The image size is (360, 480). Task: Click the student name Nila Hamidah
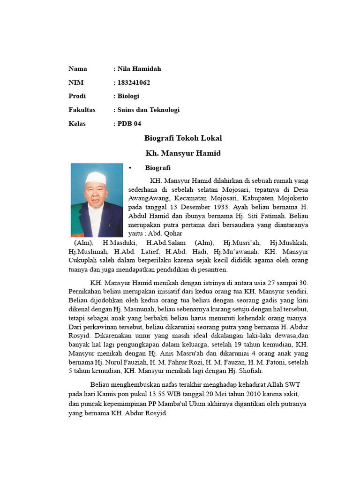pos(139,69)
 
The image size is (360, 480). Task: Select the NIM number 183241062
pos(134,82)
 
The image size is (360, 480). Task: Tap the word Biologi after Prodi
pos(128,96)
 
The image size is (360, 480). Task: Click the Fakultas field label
pos(82,110)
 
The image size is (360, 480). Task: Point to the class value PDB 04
pos(129,123)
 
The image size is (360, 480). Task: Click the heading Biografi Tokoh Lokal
pos(183,138)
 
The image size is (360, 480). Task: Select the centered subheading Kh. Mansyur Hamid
pos(183,153)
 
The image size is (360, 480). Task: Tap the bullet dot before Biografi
pos(130,167)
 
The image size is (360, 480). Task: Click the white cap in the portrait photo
pos(96,177)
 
